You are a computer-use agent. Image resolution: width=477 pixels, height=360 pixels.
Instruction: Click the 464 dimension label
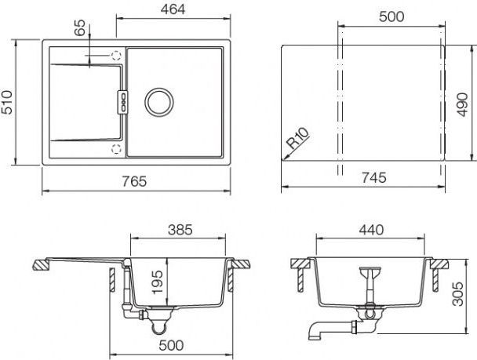pyautogui.click(x=173, y=9)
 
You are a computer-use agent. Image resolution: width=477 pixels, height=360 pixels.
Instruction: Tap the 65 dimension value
pyautogui.click(x=80, y=28)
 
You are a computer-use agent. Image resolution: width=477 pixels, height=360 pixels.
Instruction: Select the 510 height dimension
pyautogui.click(x=7, y=102)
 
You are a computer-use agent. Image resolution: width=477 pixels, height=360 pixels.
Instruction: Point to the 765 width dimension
pyautogui.click(x=134, y=181)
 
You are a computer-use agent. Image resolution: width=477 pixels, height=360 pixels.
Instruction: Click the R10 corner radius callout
pyautogui.click(x=298, y=138)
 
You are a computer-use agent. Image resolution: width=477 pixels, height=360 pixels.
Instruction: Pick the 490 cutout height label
pyautogui.click(x=462, y=104)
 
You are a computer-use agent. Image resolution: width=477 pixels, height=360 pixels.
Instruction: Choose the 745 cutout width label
pyautogui.click(x=374, y=177)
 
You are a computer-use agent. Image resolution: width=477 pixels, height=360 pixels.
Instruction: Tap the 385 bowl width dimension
pyautogui.click(x=180, y=230)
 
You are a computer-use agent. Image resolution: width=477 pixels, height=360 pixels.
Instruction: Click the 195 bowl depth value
pyautogui.click(x=157, y=282)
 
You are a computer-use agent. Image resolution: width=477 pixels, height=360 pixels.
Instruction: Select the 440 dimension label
pyautogui.click(x=371, y=230)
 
